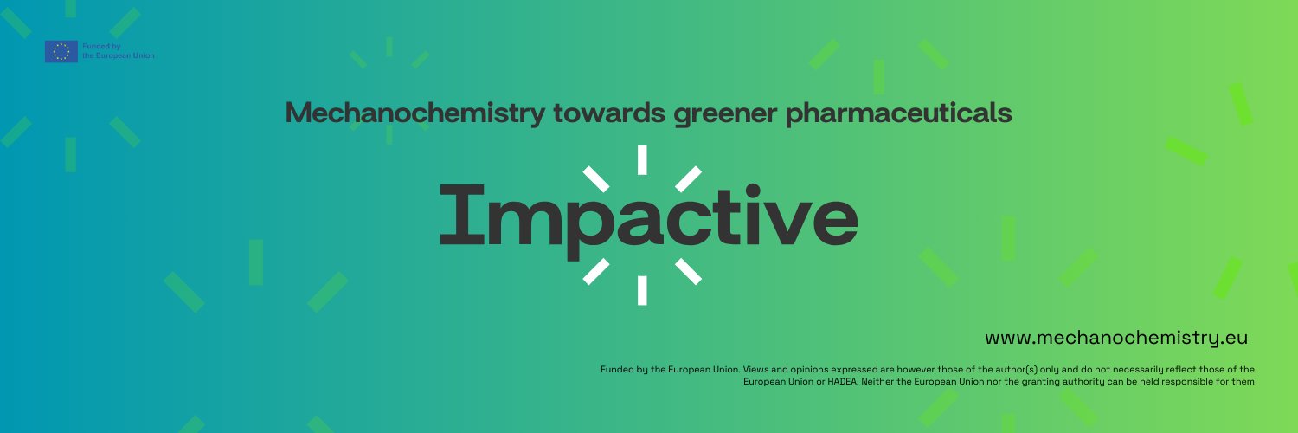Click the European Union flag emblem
click(x=61, y=52)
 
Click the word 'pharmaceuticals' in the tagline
click(x=899, y=113)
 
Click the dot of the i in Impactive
click(x=754, y=190)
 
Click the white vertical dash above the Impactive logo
click(x=642, y=160)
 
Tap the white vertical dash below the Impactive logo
click(x=642, y=290)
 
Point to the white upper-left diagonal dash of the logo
click(x=597, y=179)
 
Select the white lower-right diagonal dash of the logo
click(x=688, y=271)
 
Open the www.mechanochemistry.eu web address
click(x=1116, y=338)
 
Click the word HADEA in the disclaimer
click(x=844, y=382)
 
